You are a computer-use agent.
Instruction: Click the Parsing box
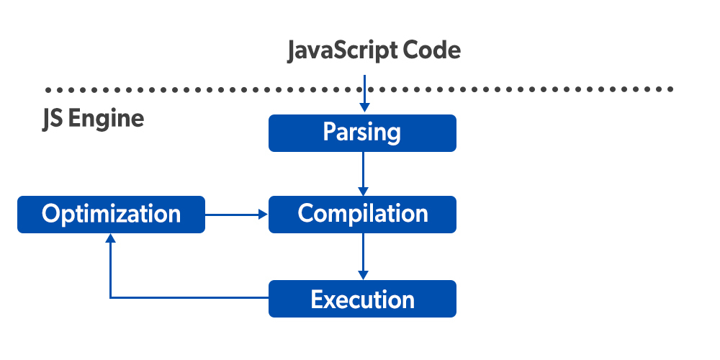tap(362, 133)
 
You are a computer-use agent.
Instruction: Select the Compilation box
tap(362, 214)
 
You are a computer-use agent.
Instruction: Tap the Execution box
tap(362, 299)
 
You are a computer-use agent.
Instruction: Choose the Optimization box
tap(111, 214)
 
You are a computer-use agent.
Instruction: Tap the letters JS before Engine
tap(53, 118)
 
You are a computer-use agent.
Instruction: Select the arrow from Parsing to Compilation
tap(363, 174)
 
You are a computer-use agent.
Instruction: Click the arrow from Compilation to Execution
tap(363, 256)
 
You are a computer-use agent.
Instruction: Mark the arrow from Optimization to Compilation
tap(237, 214)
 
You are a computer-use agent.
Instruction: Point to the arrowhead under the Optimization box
tap(110, 239)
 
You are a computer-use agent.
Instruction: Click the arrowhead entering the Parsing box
tap(364, 108)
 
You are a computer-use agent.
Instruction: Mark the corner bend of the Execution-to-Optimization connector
tap(110, 297)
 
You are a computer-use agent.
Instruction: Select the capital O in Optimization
tap(50, 214)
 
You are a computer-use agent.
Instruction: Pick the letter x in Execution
tap(330, 300)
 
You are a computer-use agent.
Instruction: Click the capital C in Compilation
tap(306, 214)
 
